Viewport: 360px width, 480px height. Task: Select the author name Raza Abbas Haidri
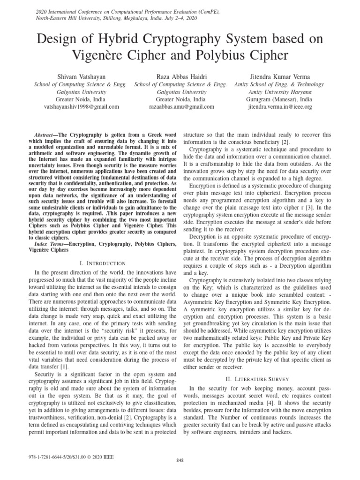pos(180,76)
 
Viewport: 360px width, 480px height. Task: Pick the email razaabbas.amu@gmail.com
pos(181,107)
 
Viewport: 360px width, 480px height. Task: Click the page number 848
pos(180,461)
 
